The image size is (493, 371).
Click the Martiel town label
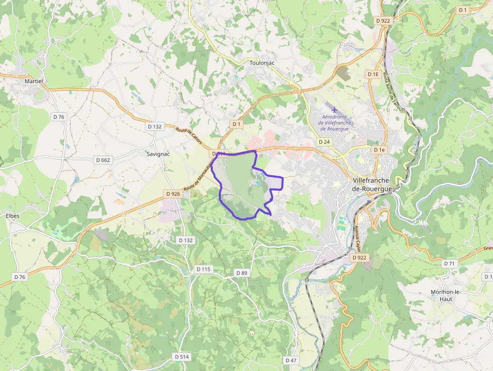click(34, 81)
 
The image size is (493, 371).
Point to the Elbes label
click(13, 216)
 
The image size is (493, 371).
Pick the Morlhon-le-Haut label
click(445, 295)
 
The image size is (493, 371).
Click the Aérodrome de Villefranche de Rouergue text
click(337, 122)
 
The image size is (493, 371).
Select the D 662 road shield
click(103, 160)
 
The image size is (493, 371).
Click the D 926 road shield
click(173, 194)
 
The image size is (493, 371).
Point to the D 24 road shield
click(324, 142)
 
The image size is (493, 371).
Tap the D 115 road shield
click(203, 269)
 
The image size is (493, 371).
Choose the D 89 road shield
click(242, 273)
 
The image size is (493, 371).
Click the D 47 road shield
click(291, 360)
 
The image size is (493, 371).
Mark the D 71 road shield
click(449, 263)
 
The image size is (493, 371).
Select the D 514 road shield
click(182, 356)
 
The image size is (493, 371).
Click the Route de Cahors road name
click(189, 136)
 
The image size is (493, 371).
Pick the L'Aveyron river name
click(297, 291)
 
